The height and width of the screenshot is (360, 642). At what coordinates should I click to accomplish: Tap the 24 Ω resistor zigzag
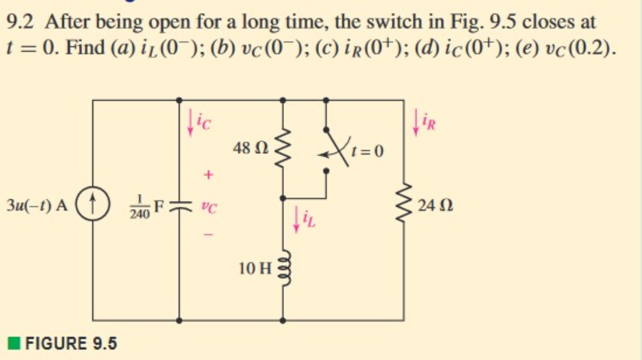pyautogui.click(x=403, y=205)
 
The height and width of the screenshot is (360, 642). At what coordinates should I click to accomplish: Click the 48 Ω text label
pyautogui.click(x=251, y=148)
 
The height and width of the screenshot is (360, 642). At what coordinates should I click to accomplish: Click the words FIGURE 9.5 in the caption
pyautogui.click(x=70, y=344)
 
